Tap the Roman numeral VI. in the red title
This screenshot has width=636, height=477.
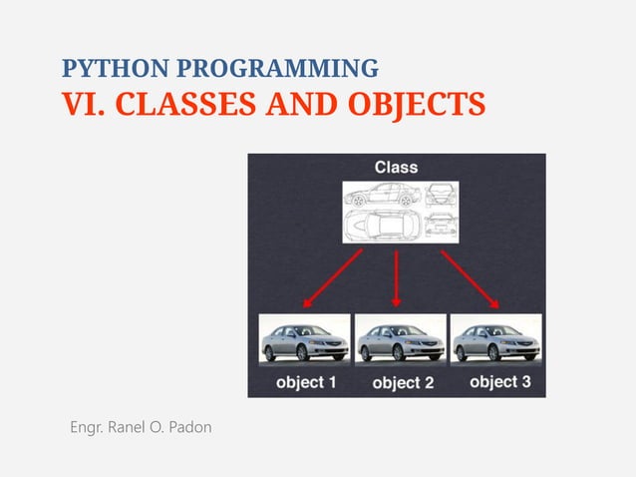[x=81, y=103]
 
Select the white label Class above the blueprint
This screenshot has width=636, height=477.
[x=396, y=167]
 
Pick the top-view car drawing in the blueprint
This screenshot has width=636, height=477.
[x=382, y=226]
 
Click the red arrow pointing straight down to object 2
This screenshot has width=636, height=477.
[x=397, y=277]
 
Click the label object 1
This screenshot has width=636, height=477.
[x=306, y=382]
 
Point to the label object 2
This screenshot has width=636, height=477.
[x=402, y=383]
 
